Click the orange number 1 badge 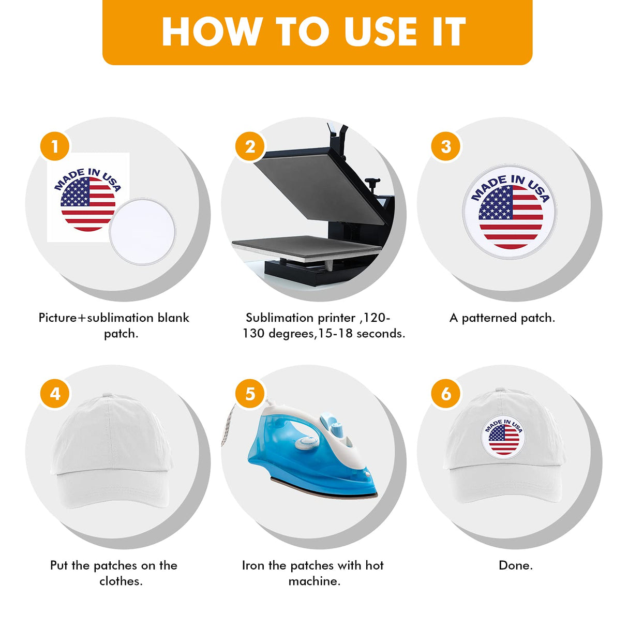[55, 146]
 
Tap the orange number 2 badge [250, 146]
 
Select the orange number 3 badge [445, 146]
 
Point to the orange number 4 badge [55, 393]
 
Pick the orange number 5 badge [250, 393]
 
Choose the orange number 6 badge [445, 393]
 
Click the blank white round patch [142, 231]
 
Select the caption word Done [516, 565]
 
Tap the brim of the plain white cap [112, 488]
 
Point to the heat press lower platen [306, 247]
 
